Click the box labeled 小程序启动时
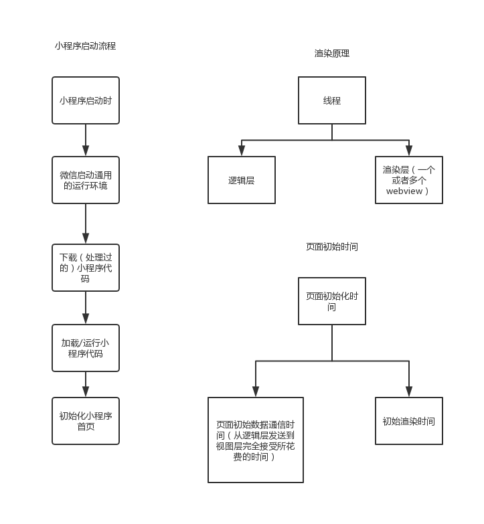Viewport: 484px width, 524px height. point(86,100)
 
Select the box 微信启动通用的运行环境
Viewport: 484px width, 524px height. point(86,180)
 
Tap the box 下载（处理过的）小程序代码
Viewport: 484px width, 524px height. point(86,268)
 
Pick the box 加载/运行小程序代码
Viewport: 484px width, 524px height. point(86,348)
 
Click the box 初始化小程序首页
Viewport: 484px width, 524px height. point(86,421)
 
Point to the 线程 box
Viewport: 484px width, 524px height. point(332,100)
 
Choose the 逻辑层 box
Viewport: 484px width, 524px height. point(242,180)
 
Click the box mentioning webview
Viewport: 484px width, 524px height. point(409,180)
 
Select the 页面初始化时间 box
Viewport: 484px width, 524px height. point(332,301)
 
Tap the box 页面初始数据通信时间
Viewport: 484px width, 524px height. point(256,440)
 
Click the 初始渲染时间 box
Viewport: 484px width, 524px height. point(409,421)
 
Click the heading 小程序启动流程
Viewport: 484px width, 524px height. point(86,46)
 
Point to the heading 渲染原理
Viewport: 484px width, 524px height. point(332,54)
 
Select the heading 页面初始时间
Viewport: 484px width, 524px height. point(332,246)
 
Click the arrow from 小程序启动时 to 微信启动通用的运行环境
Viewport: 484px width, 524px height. point(86,141)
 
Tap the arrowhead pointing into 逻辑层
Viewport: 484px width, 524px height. point(242,151)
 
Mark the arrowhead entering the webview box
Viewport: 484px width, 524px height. point(409,151)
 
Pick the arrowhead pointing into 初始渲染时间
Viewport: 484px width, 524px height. point(409,391)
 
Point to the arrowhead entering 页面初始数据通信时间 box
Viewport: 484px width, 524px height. point(256,391)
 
